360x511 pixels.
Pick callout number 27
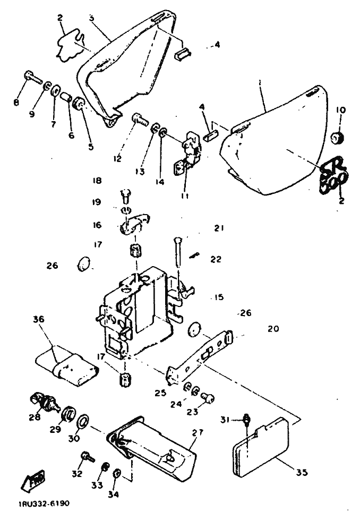[x=198, y=433]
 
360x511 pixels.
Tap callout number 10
[x=340, y=110]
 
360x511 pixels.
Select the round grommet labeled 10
[x=337, y=139]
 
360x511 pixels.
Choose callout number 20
[x=273, y=329]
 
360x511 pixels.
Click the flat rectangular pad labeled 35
[x=260, y=444]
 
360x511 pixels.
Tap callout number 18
[x=96, y=181]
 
